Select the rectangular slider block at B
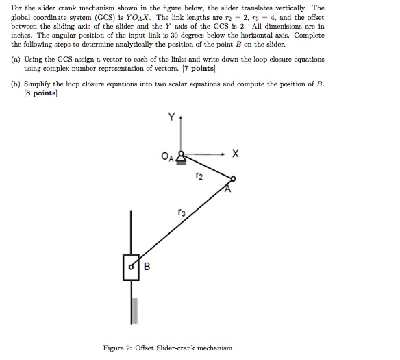coord(132,267)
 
